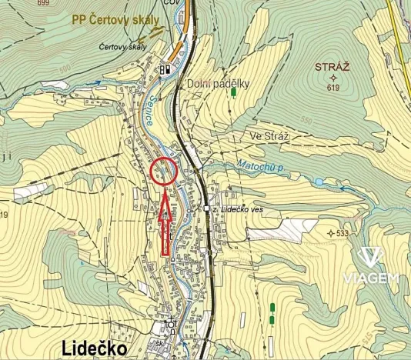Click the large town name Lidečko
point(93,348)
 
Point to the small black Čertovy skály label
point(122,47)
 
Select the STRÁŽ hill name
point(332,68)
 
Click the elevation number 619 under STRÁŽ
point(332,88)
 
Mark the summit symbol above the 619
point(332,78)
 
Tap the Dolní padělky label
point(218,83)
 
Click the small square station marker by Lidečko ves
point(206,208)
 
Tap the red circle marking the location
point(164,171)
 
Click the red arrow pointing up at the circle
point(165,224)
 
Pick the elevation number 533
point(342,232)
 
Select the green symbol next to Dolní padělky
point(233,93)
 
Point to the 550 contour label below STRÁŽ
point(306,122)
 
